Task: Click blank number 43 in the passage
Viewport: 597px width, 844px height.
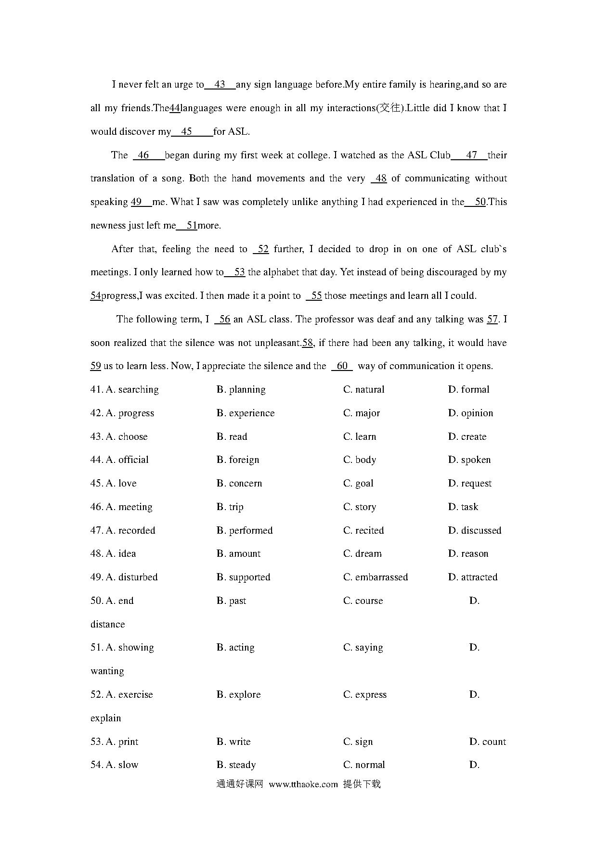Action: [220, 85]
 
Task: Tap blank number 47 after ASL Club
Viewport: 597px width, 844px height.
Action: [471, 155]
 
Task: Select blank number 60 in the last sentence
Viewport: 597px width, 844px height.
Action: [342, 366]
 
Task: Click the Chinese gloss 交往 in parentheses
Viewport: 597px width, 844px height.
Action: [389, 108]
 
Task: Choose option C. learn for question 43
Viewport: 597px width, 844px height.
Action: [360, 437]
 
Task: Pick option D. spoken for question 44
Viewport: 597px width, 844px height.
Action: [469, 460]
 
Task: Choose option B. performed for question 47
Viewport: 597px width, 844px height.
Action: [245, 531]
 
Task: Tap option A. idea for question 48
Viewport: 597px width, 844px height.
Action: [121, 554]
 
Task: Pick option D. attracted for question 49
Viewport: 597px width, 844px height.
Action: [473, 577]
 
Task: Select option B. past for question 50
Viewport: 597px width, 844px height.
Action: [232, 601]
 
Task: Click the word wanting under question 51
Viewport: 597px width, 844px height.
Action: [107, 671]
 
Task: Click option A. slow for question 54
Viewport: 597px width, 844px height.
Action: [122, 765]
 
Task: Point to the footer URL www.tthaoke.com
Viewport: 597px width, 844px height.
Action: [303, 784]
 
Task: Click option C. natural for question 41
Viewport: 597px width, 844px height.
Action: [364, 390]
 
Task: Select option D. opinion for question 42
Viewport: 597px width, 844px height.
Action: [471, 413]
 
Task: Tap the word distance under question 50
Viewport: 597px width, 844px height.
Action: [108, 625]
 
